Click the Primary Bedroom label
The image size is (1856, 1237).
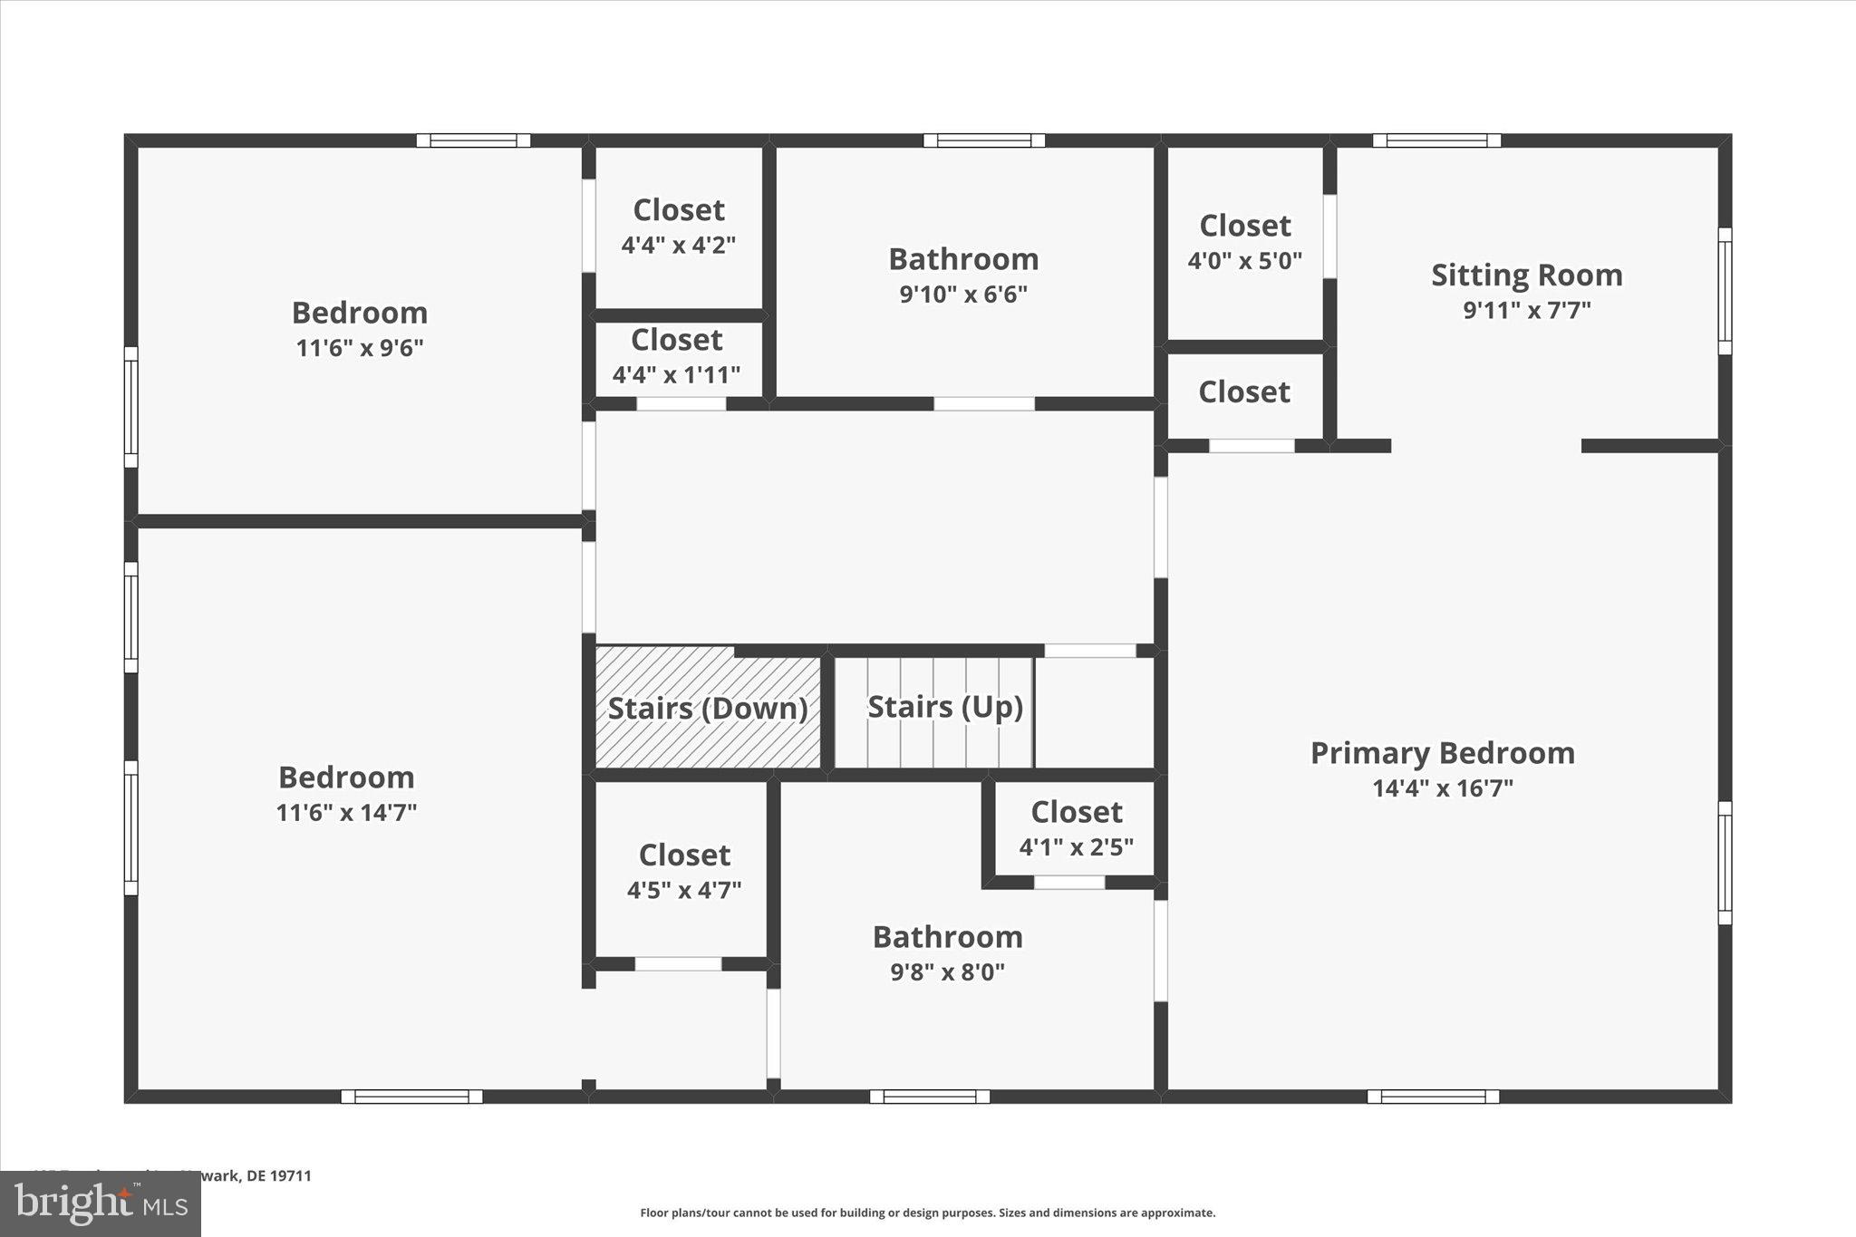(x=1442, y=753)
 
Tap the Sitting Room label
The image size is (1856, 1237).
(x=1526, y=275)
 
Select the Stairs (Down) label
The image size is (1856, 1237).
(x=707, y=709)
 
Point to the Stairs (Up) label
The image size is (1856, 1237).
(x=945, y=707)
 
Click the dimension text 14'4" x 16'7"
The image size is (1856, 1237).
(x=1442, y=788)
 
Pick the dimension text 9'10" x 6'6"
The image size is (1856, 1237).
(x=962, y=295)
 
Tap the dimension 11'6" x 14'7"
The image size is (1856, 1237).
(x=346, y=812)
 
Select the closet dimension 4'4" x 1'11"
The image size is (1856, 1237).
(x=676, y=374)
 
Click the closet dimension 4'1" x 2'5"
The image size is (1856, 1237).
(x=1076, y=847)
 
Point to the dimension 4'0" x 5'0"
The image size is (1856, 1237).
(x=1244, y=261)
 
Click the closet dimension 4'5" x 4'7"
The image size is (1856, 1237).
(x=684, y=890)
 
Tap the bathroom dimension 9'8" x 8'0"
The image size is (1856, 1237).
(x=947, y=972)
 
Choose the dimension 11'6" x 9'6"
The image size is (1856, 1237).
(x=360, y=348)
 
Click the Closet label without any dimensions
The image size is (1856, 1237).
(x=1243, y=392)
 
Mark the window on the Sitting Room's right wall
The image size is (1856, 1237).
(x=1725, y=291)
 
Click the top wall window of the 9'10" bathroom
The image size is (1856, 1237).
(x=983, y=140)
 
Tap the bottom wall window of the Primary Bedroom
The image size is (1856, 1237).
(x=1432, y=1097)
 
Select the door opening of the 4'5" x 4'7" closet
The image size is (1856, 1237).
(x=678, y=964)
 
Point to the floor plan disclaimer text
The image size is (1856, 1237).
(x=927, y=1213)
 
